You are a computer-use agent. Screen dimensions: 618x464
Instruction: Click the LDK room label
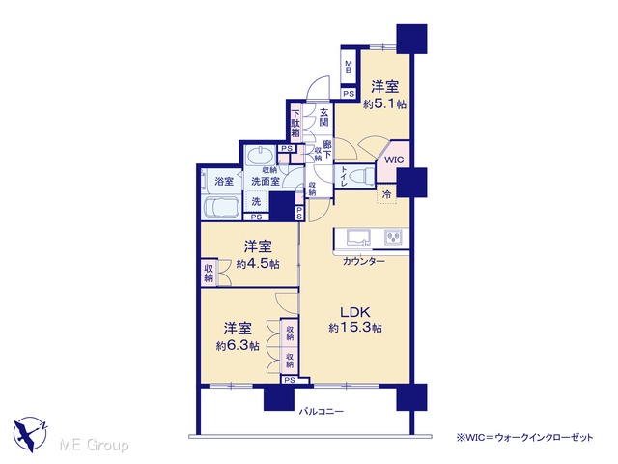[x=355, y=312]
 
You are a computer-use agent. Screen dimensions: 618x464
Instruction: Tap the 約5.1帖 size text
[x=384, y=104]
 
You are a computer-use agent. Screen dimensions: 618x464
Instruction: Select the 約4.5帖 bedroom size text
[x=258, y=264]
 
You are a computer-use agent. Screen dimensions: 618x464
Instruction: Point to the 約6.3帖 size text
[x=238, y=346]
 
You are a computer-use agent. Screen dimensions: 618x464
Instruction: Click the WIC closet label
[x=394, y=159]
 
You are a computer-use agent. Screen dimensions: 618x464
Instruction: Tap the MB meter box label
[x=349, y=67]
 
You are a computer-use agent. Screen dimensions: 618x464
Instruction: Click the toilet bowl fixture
[x=363, y=176]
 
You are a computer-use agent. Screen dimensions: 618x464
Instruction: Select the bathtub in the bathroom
[x=221, y=208]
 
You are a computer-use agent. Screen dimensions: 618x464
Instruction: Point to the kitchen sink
[x=358, y=238]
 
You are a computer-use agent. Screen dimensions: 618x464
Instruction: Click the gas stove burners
[x=393, y=237]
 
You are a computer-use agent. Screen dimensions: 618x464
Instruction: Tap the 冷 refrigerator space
[x=387, y=194]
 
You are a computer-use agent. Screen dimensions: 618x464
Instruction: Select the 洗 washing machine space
[x=256, y=202]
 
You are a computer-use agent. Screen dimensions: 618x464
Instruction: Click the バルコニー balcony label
[x=322, y=412]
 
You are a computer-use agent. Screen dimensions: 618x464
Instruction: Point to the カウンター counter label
[x=364, y=261]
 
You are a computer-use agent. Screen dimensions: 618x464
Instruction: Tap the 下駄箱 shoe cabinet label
[x=295, y=123]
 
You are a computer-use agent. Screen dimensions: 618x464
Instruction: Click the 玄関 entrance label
[x=324, y=117]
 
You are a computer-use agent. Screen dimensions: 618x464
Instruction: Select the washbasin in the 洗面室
[x=260, y=157]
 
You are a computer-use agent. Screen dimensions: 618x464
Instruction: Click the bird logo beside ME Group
[x=30, y=434]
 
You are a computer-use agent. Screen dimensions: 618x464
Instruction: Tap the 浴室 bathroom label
[x=224, y=182]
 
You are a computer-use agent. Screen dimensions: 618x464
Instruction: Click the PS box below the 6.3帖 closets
[x=290, y=380]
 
